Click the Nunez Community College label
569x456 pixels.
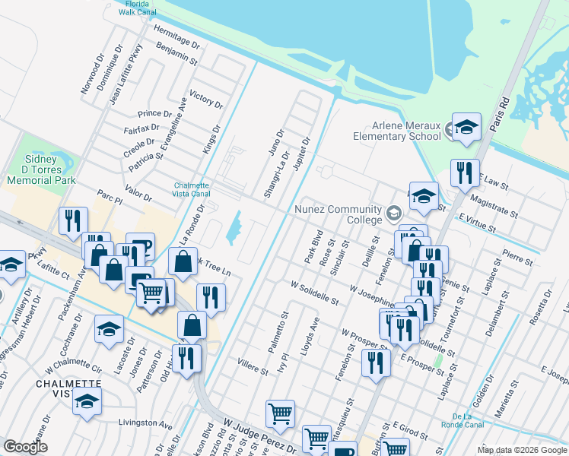pyautogui.click(x=339, y=215)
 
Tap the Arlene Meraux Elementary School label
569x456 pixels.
pyautogui.click(x=396, y=131)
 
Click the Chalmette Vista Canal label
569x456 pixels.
pyautogui.click(x=191, y=190)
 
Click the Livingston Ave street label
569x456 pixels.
pyautogui.click(x=145, y=423)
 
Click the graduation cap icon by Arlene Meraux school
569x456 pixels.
pyautogui.click(x=466, y=125)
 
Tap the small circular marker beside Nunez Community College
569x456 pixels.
pyautogui.click(x=393, y=211)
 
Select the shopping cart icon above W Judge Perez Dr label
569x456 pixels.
pyautogui.click(x=280, y=414)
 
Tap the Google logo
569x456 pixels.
pyautogui.click(x=26, y=446)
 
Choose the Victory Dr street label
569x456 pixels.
pyautogui.click(x=206, y=100)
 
